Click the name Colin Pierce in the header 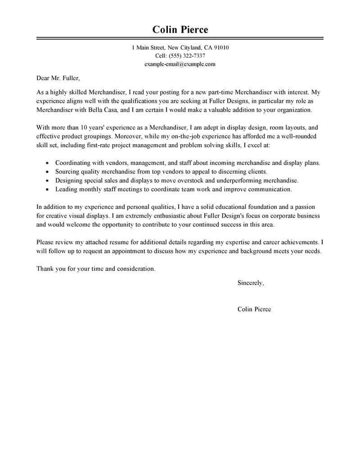click(180, 30)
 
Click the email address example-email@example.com click(180, 64)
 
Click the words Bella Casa click(106, 110)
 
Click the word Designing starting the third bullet click(69, 181)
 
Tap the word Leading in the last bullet click(66, 190)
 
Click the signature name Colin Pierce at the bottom click(254, 309)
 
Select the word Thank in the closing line click(45, 268)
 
